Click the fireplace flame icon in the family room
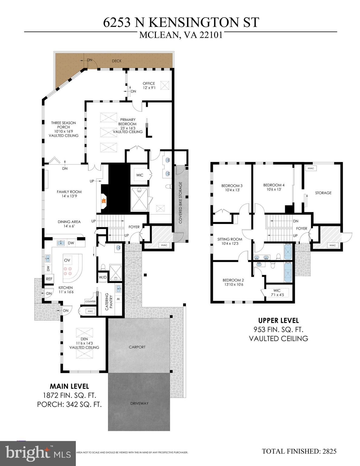tap(103, 201)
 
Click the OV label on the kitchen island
tap(67, 260)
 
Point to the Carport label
tap(137, 347)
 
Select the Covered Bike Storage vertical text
tap(180, 203)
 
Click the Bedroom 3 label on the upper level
tap(232, 188)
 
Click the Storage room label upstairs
tap(323, 193)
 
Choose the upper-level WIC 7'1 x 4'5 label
tap(277, 292)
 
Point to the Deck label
tap(116, 61)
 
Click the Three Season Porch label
tap(63, 129)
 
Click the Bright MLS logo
tap(38, 453)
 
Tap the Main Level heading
tap(69, 386)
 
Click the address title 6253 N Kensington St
tap(181, 22)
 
